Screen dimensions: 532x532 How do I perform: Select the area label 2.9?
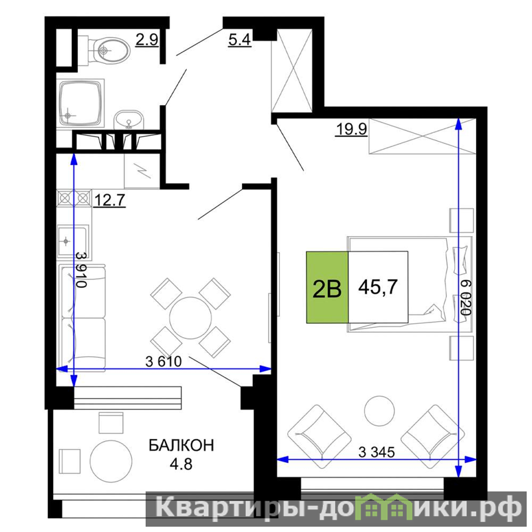[x=147, y=40]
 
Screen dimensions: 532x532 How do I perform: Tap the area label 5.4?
[x=239, y=40]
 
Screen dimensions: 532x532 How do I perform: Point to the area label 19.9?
[x=352, y=129]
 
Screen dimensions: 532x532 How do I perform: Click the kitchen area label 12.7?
[x=109, y=200]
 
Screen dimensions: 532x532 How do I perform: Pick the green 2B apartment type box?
[x=327, y=287]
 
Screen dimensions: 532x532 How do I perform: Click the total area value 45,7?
[x=378, y=287]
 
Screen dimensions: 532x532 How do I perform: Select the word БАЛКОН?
[x=182, y=445]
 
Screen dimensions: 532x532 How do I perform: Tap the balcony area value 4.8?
[x=181, y=464]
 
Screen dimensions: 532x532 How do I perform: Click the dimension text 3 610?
[x=164, y=362]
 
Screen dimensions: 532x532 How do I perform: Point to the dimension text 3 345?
[x=376, y=452]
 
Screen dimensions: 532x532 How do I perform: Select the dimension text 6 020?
[x=466, y=297]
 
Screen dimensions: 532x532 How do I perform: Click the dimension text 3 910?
[x=81, y=270]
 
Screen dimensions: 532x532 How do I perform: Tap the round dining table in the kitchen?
[x=191, y=318]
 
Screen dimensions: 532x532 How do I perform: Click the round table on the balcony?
[x=111, y=462]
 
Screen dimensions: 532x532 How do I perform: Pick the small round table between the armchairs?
[x=379, y=410]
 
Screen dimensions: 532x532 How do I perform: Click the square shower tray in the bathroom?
[x=80, y=103]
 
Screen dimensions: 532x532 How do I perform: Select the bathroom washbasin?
[x=129, y=120]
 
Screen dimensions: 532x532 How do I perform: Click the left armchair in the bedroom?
[x=319, y=437]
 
